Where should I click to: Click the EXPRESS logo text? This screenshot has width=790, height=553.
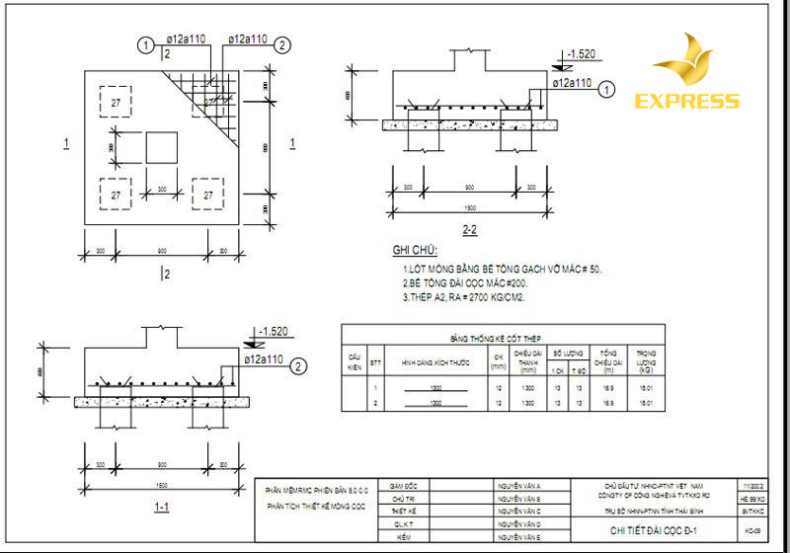686,101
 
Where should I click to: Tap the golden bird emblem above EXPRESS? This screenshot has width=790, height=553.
688,61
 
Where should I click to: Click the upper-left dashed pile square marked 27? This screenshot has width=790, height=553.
116,103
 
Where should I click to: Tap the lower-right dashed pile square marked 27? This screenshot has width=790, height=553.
208,195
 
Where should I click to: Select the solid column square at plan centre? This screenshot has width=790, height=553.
162,148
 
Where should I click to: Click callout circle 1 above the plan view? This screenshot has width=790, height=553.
146,44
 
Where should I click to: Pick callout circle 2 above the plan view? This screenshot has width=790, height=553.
282,44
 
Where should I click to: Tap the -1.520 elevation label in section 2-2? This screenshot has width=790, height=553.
579,55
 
